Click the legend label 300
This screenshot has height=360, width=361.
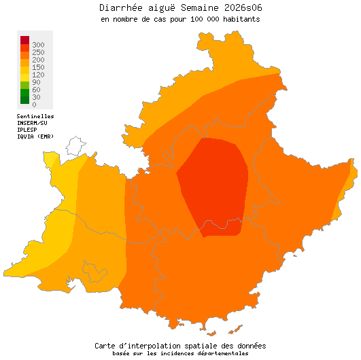tap(38, 44)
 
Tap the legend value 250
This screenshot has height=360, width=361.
tap(38, 52)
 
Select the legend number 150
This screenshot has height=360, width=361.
tap(38, 67)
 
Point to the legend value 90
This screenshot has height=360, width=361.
tap(36, 82)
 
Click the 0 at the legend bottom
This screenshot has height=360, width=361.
tap(34, 104)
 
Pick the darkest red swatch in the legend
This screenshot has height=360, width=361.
tap(24, 40)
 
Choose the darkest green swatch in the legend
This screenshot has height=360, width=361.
tap(24, 100)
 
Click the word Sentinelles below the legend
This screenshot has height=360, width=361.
tap(35, 116)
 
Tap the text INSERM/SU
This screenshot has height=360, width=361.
tap(32, 123)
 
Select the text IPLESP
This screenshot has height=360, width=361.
tap(27, 129)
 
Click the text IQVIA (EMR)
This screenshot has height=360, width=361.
tap(35, 136)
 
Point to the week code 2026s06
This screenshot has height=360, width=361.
tap(238, 8)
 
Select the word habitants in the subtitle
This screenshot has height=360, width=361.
tap(238, 20)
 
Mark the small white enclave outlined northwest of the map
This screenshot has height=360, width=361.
tap(75, 146)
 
